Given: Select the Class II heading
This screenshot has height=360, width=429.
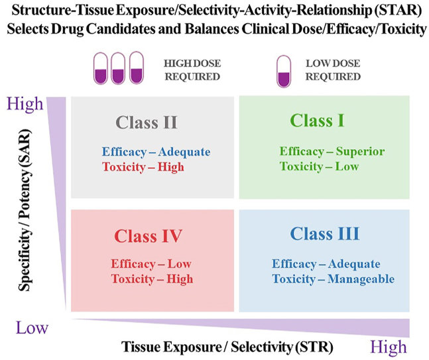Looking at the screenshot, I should click(x=146, y=123).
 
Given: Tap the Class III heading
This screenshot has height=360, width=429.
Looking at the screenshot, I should click(x=325, y=234).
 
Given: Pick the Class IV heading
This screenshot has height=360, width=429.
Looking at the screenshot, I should click(x=148, y=236).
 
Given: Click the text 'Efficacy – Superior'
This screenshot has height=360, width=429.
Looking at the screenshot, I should click(x=332, y=151).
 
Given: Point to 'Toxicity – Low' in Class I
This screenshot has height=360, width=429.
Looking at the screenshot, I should click(x=320, y=166).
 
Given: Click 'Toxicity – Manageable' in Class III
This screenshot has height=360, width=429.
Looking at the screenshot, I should click(x=334, y=279).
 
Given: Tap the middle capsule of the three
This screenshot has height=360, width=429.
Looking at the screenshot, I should click(x=119, y=69).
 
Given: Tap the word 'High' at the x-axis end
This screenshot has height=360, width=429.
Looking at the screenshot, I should click(x=389, y=347).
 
